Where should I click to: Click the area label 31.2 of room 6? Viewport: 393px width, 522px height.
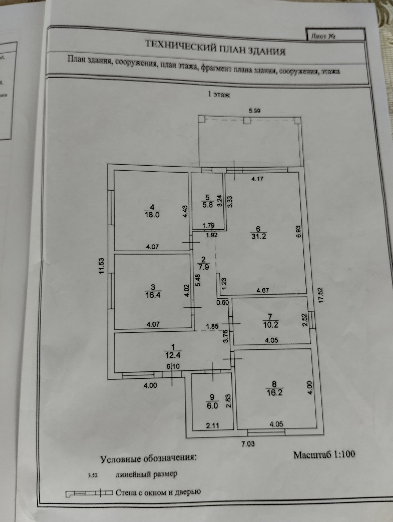(258, 236)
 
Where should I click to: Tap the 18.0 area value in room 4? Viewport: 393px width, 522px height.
(152, 215)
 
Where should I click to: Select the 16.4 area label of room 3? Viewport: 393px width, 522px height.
(153, 295)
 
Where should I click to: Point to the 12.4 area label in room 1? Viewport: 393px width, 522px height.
(173, 355)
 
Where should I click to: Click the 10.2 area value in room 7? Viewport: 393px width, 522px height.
(270, 325)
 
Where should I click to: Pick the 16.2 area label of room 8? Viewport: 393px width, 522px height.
(274, 393)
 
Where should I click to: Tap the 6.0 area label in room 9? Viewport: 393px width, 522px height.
(212, 406)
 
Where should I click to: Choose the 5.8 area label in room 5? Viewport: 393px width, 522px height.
(207, 205)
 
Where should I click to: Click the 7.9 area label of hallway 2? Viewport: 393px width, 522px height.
(203, 267)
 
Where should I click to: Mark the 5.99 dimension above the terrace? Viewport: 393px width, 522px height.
(254, 111)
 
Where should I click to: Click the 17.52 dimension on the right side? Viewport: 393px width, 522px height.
(321, 296)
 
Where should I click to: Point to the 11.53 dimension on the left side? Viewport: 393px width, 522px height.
(102, 266)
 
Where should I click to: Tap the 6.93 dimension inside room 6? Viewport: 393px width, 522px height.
(299, 232)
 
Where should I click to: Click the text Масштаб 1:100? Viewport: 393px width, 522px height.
(324, 455)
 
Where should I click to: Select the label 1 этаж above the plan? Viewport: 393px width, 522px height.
(219, 95)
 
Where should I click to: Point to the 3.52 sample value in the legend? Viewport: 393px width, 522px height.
(93, 476)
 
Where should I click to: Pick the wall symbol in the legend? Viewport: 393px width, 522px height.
(89, 493)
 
